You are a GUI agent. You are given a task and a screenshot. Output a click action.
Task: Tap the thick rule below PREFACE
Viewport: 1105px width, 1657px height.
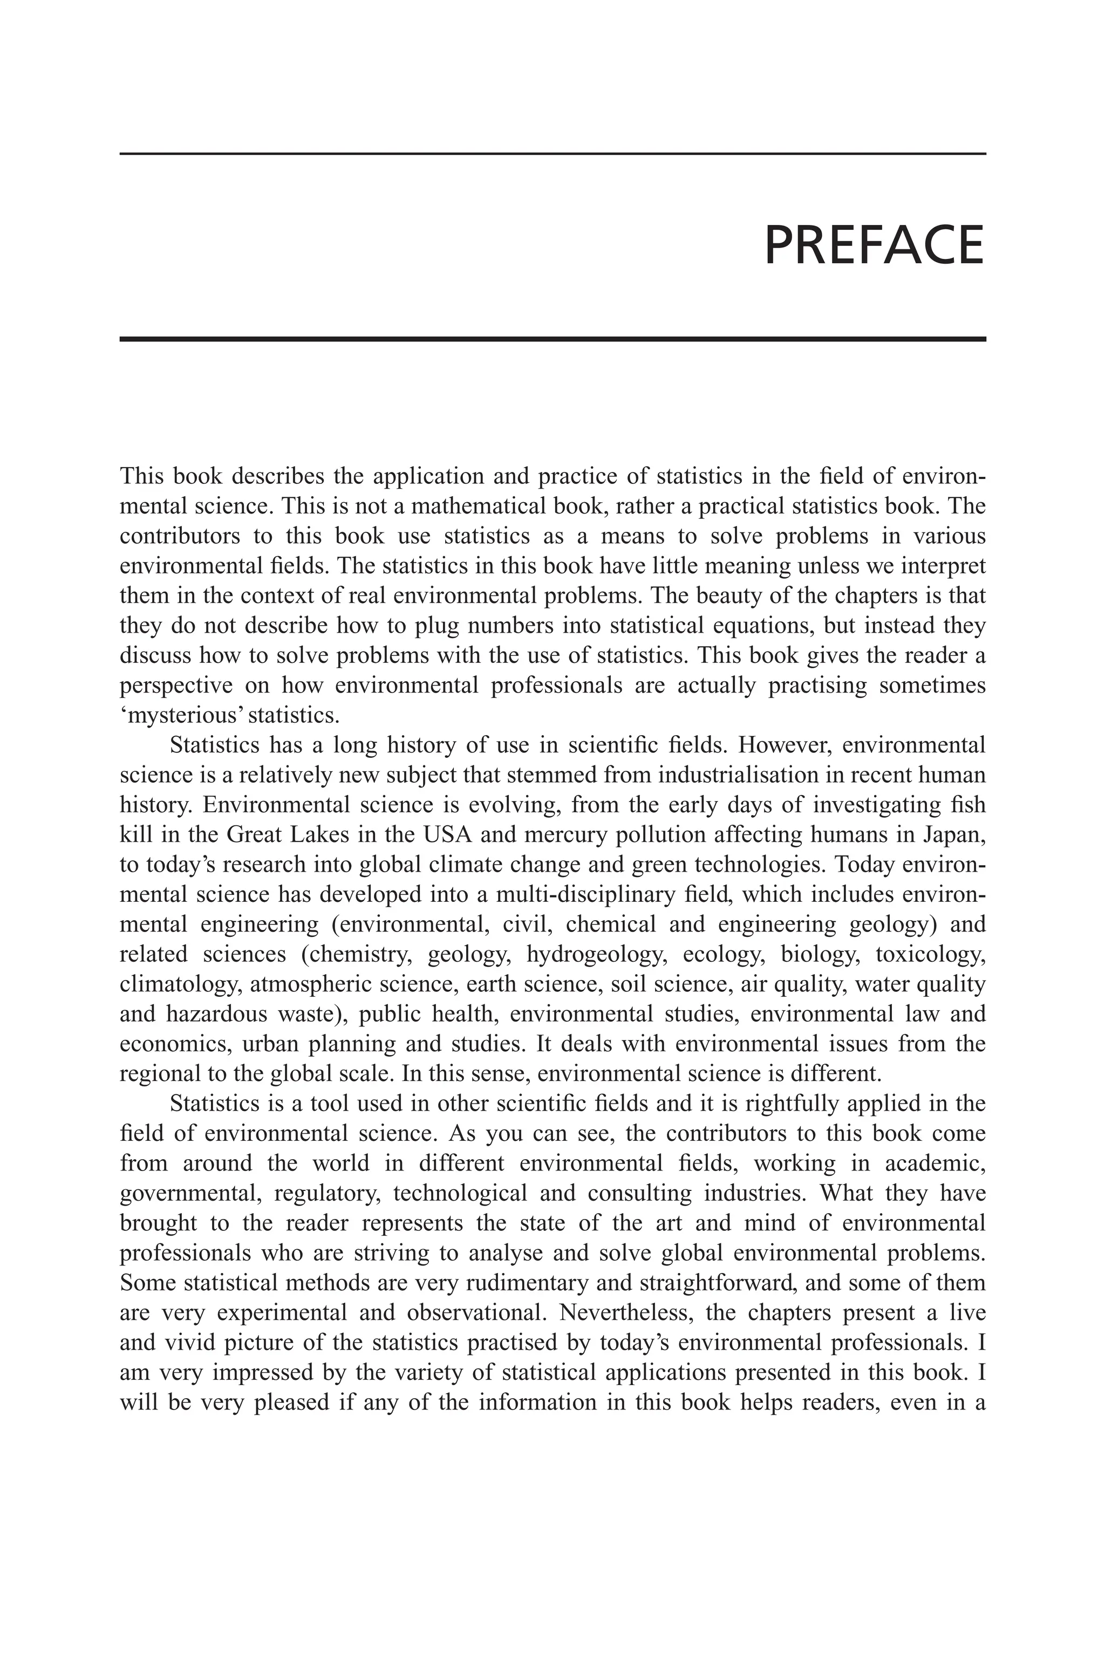(x=552, y=339)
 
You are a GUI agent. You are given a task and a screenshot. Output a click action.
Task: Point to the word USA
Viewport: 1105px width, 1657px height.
(x=442, y=835)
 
